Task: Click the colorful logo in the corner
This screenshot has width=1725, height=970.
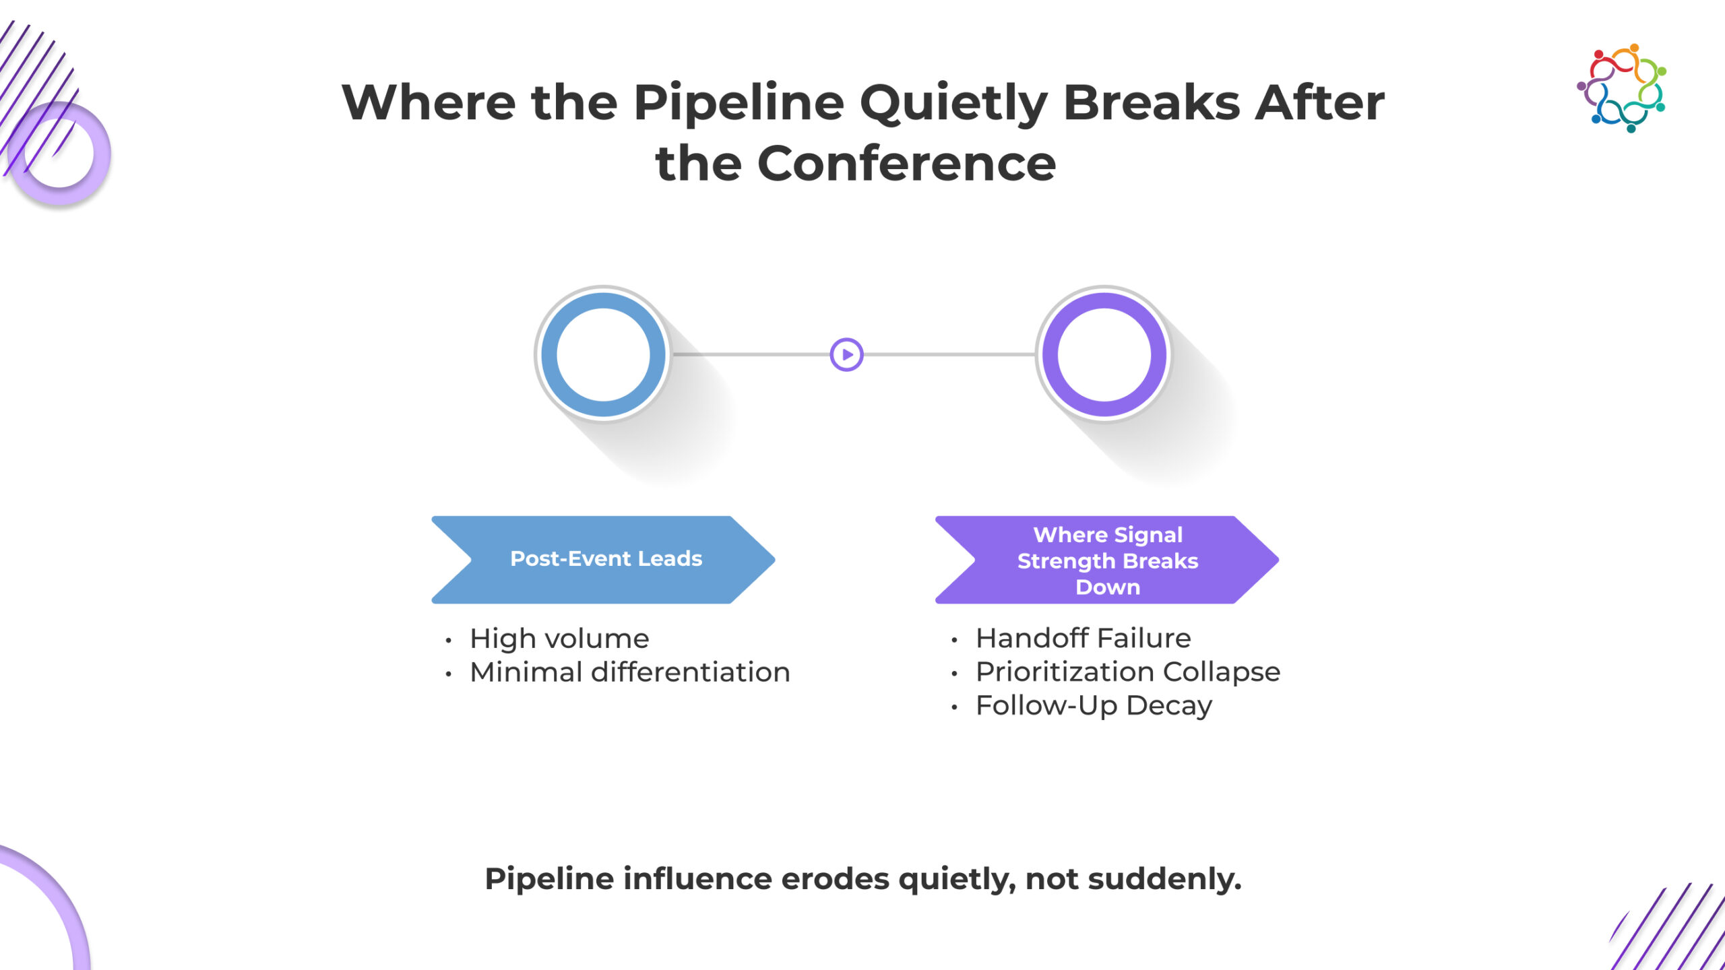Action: tap(1621, 88)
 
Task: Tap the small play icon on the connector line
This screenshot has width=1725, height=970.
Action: tap(846, 354)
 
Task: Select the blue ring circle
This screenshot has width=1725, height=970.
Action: tap(603, 354)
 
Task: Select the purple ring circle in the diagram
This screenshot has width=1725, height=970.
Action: tap(1104, 354)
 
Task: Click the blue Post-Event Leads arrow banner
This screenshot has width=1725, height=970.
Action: tap(603, 559)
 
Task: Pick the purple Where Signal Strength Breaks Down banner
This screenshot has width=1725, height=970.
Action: tap(1106, 560)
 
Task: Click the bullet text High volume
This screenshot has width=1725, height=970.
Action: tap(559, 639)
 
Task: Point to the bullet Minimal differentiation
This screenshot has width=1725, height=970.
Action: tap(629, 672)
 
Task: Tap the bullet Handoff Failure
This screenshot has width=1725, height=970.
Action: tap(1083, 638)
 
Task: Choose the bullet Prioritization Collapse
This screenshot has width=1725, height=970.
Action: tap(1127, 672)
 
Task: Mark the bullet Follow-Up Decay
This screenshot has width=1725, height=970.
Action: tap(1094, 705)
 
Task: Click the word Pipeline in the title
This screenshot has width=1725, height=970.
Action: tap(739, 103)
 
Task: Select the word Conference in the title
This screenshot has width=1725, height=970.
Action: tap(906, 164)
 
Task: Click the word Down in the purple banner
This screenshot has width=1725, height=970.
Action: tap(1108, 587)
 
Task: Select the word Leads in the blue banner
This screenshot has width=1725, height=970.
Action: tap(670, 558)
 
